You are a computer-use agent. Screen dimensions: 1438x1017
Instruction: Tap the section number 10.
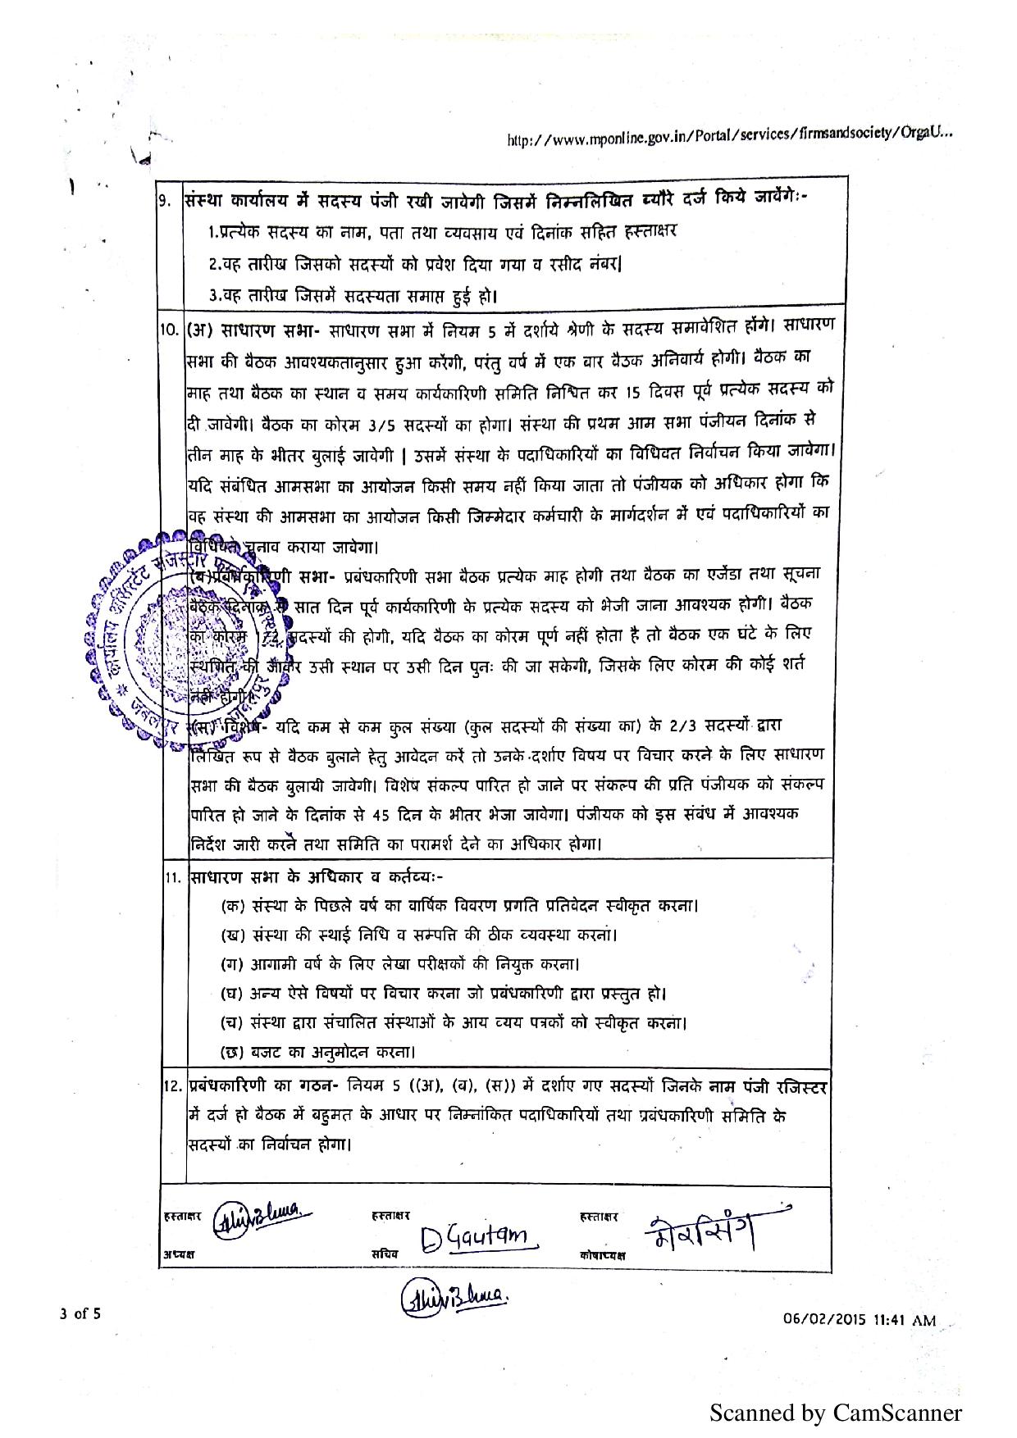pyautogui.click(x=169, y=330)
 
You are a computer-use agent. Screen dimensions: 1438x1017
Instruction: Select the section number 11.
pyautogui.click(x=172, y=876)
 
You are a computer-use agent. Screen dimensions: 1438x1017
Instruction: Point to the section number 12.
pyautogui.click(x=172, y=1087)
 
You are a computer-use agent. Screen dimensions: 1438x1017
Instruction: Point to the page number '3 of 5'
pyautogui.click(x=80, y=1314)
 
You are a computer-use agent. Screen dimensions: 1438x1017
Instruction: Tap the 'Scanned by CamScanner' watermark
pyautogui.click(x=835, y=1413)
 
